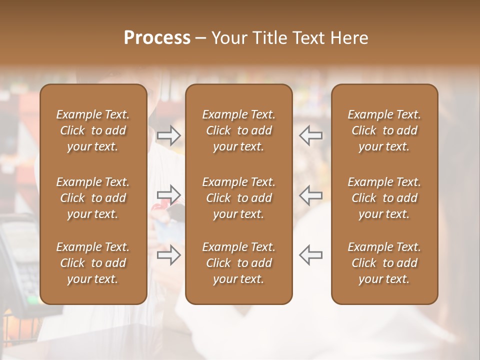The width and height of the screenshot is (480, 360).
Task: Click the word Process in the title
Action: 157,37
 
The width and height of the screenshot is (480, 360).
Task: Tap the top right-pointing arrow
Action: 169,135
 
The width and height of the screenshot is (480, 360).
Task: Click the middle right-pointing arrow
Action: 169,194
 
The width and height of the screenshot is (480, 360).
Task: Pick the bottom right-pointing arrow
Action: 169,255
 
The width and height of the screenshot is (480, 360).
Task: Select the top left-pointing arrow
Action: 310,135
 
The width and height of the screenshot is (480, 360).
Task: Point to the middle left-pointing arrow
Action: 310,194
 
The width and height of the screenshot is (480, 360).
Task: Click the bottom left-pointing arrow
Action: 310,255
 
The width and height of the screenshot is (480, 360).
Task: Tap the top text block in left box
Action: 93,130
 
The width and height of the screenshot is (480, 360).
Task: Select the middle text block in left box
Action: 93,198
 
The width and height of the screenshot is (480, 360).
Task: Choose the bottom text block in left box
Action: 93,263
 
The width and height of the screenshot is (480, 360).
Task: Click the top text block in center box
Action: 238,130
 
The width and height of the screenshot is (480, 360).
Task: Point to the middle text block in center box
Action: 238,198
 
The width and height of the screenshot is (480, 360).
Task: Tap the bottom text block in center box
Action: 238,263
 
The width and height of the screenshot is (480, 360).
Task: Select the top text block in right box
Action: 384,130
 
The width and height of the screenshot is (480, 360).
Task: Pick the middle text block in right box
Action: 384,198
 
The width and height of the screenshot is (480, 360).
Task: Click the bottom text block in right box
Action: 384,263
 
